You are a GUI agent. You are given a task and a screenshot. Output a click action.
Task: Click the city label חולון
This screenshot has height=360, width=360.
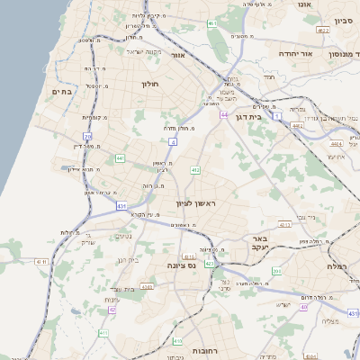(149, 84)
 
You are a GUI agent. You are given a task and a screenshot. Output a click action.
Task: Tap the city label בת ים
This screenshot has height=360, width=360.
(61, 92)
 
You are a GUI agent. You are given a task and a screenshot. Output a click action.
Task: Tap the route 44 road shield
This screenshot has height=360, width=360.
(223, 115)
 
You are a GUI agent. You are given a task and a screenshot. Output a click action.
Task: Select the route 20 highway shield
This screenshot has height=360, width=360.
(87, 137)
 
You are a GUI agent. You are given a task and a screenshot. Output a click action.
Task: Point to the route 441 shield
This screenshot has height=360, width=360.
(120, 158)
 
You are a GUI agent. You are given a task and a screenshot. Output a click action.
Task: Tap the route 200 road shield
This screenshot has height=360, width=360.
(276, 271)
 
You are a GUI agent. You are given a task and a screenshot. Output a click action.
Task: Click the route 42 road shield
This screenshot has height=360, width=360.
(112, 309)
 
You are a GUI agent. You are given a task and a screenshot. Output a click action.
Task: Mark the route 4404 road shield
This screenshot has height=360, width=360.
(336, 143)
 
